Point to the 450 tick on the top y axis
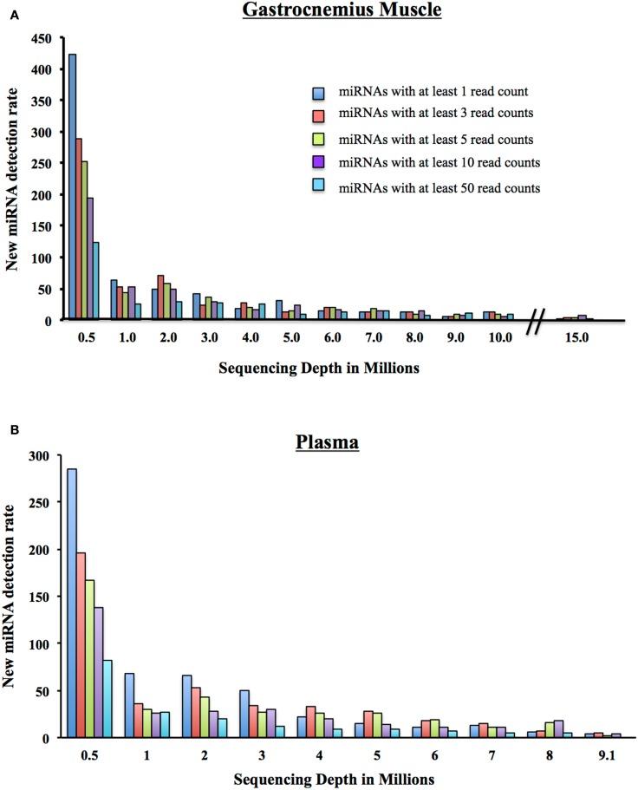[40, 38]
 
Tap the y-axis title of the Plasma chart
[13, 596]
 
